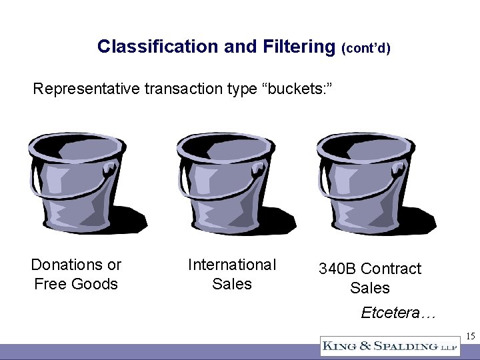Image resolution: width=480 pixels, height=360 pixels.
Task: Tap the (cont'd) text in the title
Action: coord(366,49)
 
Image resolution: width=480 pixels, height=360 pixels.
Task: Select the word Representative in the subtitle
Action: coord(86,89)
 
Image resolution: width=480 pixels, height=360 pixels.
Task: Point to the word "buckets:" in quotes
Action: coord(295,89)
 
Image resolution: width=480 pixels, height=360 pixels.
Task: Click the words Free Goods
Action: coord(76,284)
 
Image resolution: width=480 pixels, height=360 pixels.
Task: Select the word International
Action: coord(232,265)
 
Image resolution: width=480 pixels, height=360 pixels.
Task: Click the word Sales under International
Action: coord(232,284)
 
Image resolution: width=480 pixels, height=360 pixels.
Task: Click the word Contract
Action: coord(393,269)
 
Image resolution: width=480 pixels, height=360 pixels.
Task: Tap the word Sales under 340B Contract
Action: coord(370,288)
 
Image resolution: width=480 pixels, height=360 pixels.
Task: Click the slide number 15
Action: coord(470,336)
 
